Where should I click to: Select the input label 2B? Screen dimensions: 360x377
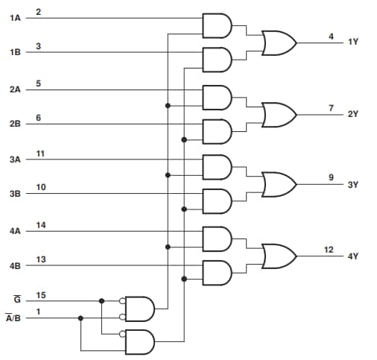pyautogui.click(x=15, y=124)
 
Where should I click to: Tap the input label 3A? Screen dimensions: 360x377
pyautogui.click(x=15, y=160)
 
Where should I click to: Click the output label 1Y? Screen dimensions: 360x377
pyautogui.click(x=352, y=43)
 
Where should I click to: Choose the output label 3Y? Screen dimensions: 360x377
pyautogui.click(x=352, y=184)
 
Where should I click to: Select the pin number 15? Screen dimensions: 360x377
pyautogui.click(x=41, y=295)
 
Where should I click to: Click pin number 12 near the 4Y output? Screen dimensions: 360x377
pyautogui.click(x=329, y=250)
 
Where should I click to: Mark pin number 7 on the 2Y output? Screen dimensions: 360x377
pyautogui.click(x=331, y=108)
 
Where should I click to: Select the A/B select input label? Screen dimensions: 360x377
pyautogui.click(x=14, y=318)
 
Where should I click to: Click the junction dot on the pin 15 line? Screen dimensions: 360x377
pyautogui.click(x=101, y=301)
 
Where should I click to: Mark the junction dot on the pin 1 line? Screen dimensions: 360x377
pyautogui.click(x=80, y=318)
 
